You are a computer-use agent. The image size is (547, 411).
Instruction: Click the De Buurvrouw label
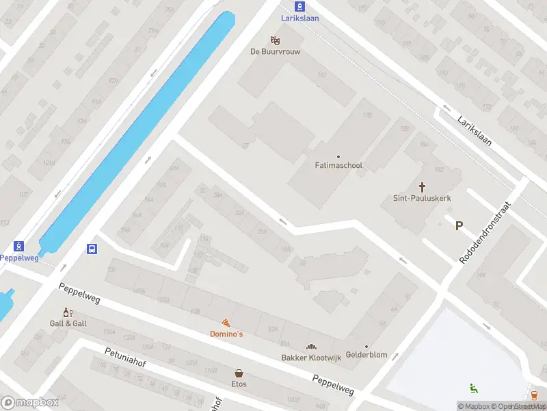276,51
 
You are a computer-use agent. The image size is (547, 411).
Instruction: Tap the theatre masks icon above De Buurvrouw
276,40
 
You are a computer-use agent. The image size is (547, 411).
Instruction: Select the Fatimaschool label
338,166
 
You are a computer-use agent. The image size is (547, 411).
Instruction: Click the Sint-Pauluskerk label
421,198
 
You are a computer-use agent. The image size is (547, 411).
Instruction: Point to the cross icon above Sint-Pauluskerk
422,186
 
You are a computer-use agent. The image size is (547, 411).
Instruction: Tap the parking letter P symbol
459,226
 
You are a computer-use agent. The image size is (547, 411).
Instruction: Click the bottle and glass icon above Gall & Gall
68,312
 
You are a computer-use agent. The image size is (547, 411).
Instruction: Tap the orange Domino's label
226,334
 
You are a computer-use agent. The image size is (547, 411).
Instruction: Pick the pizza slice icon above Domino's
226,323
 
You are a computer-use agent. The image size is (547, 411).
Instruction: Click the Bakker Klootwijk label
312,358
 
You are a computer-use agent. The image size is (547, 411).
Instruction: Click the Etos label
239,384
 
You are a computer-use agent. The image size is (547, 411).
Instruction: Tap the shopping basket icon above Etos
239,373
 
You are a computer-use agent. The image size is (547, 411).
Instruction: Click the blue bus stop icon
92,249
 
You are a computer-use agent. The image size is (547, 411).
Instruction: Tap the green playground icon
473,388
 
